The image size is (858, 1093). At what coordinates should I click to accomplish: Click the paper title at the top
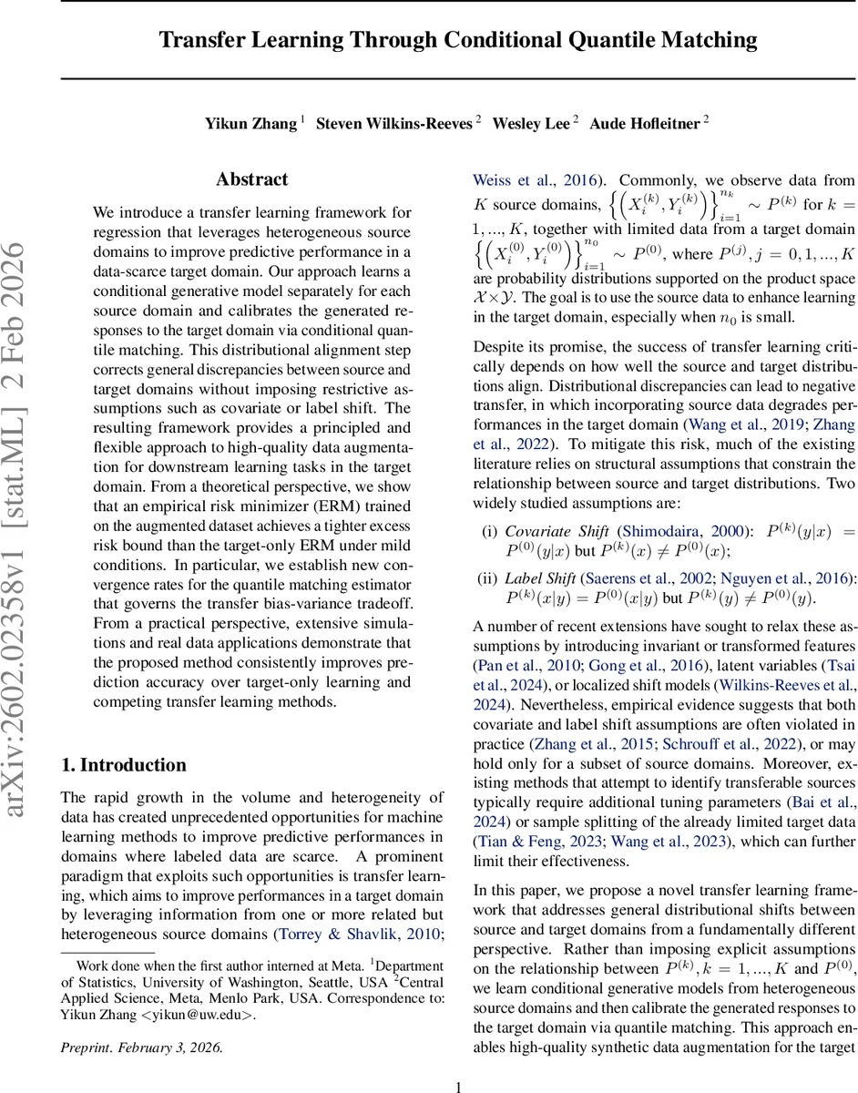458,40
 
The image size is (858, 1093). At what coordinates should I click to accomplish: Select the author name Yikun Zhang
250,124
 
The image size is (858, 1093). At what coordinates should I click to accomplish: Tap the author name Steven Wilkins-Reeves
393,124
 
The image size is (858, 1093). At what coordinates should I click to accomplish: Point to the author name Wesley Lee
531,124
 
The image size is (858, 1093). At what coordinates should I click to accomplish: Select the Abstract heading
251,179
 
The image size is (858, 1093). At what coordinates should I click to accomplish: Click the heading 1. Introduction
123,765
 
